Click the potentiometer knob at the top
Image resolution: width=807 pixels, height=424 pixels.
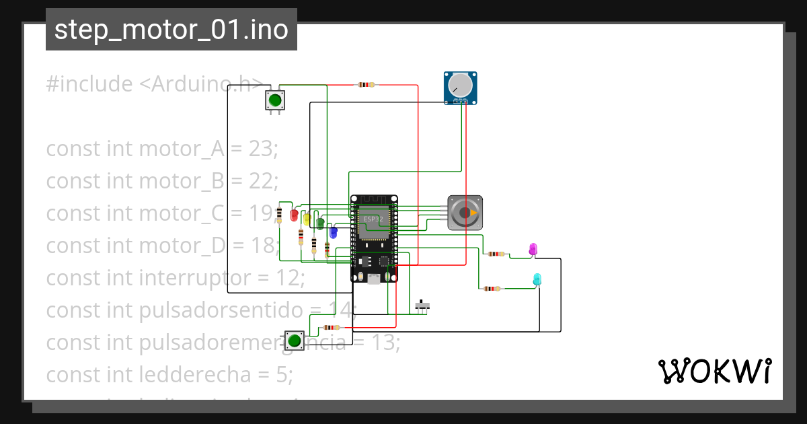pyautogui.click(x=461, y=85)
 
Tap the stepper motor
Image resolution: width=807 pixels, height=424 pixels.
pyautogui.click(x=465, y=213)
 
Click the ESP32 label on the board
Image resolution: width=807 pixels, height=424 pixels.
pyautogui.click(x=373, y=219)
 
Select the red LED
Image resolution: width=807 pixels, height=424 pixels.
pyautogui.click(x=293, y=215)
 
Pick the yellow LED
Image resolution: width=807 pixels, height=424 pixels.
pyautogui.click(x=307, y=219)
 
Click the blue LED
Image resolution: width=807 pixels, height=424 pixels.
pyautogui.click(x=333, y=233)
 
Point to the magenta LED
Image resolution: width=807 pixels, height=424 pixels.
pyautogui.click(x=533, y=249)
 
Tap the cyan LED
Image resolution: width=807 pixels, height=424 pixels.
pyautogui.click(x=537, y=279)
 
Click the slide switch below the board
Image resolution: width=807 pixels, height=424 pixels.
pyautogui.click(x=422, y=306)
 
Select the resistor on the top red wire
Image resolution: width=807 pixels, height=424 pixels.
pyautogui.click(x=366, y=85)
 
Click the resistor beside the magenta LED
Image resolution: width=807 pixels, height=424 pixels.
pyautogui.click(x=496, y=254)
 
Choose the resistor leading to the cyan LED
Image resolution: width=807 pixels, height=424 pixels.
pyautogui.click(x=492, y=289)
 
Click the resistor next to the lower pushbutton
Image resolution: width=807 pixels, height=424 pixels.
pyautogui.click(x=331, y=328)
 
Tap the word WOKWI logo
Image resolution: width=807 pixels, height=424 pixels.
pyautogui.click(x=714, y=371)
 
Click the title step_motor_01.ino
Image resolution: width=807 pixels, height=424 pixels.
pyautogui.click(x=171, y=30)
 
